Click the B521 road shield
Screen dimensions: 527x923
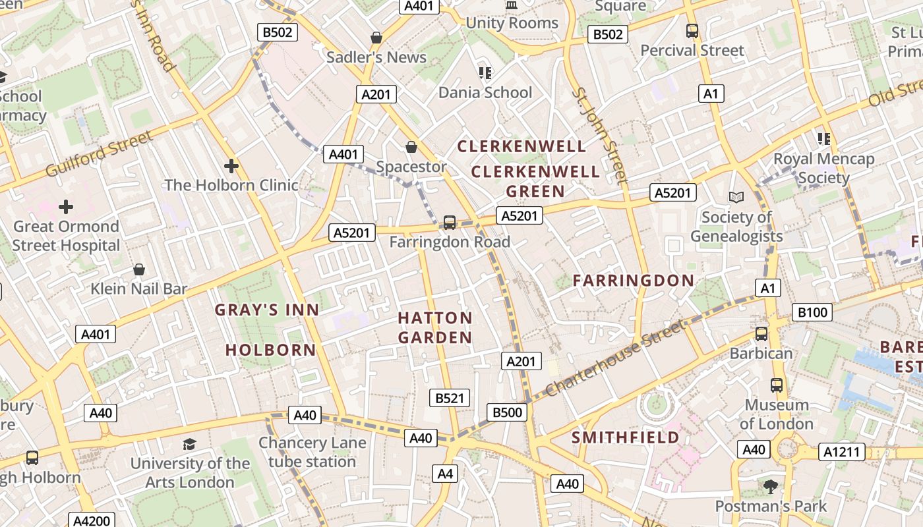click(x=451, y=398)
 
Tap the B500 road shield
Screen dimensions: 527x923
click(x=507, y=413)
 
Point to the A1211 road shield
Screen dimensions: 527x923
click(x=841, y=452)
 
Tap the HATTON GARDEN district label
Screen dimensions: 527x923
click(x=435, y=328)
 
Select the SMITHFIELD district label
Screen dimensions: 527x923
click(x=625, y=437)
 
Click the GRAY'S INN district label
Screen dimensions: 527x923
click(x=267, y=310)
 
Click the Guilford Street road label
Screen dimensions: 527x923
click(x=99, y=154)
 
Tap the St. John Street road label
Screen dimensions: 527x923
click(x=599, y=135)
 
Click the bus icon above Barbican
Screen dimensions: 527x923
click(x=761, y=334)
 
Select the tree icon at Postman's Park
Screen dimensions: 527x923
click(x=770, y=487)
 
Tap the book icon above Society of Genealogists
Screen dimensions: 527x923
click(x=736, y=197)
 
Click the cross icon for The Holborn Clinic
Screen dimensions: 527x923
click(x=231, y=165)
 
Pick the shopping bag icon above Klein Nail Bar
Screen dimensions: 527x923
click(x=139, y=269)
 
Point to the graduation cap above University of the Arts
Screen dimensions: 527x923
click(x=189, y=444)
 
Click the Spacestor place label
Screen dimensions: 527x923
click(x=411, y=167)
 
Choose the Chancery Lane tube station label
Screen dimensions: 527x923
click(x=312, y=452)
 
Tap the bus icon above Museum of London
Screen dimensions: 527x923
click(x=777, y=385)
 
